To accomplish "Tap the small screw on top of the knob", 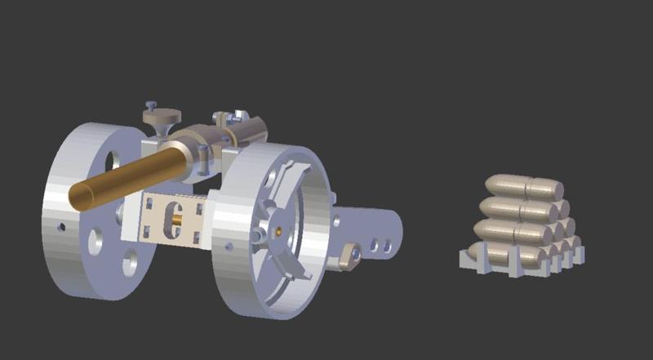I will click(152, 104).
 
